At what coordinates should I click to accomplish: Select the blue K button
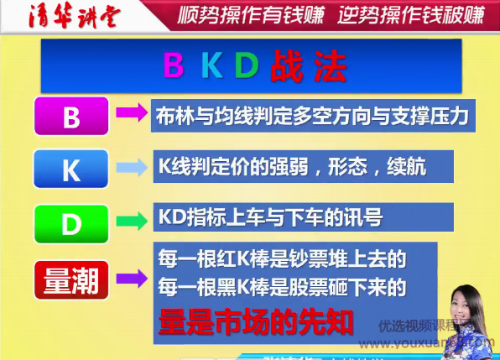tap(71, 170)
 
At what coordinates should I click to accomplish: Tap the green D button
tap(71, 221)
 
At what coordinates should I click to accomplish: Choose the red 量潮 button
tap(71, 279)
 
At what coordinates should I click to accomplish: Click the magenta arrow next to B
tap(131, 113)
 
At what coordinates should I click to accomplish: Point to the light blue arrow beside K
tap(131, 168)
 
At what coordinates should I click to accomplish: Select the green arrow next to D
tap(131, 220)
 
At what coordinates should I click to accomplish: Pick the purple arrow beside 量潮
tap(131, 277)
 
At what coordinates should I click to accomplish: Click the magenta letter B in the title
tap(173, 65)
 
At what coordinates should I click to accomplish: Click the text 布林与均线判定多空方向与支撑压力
tap(310, 115)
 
